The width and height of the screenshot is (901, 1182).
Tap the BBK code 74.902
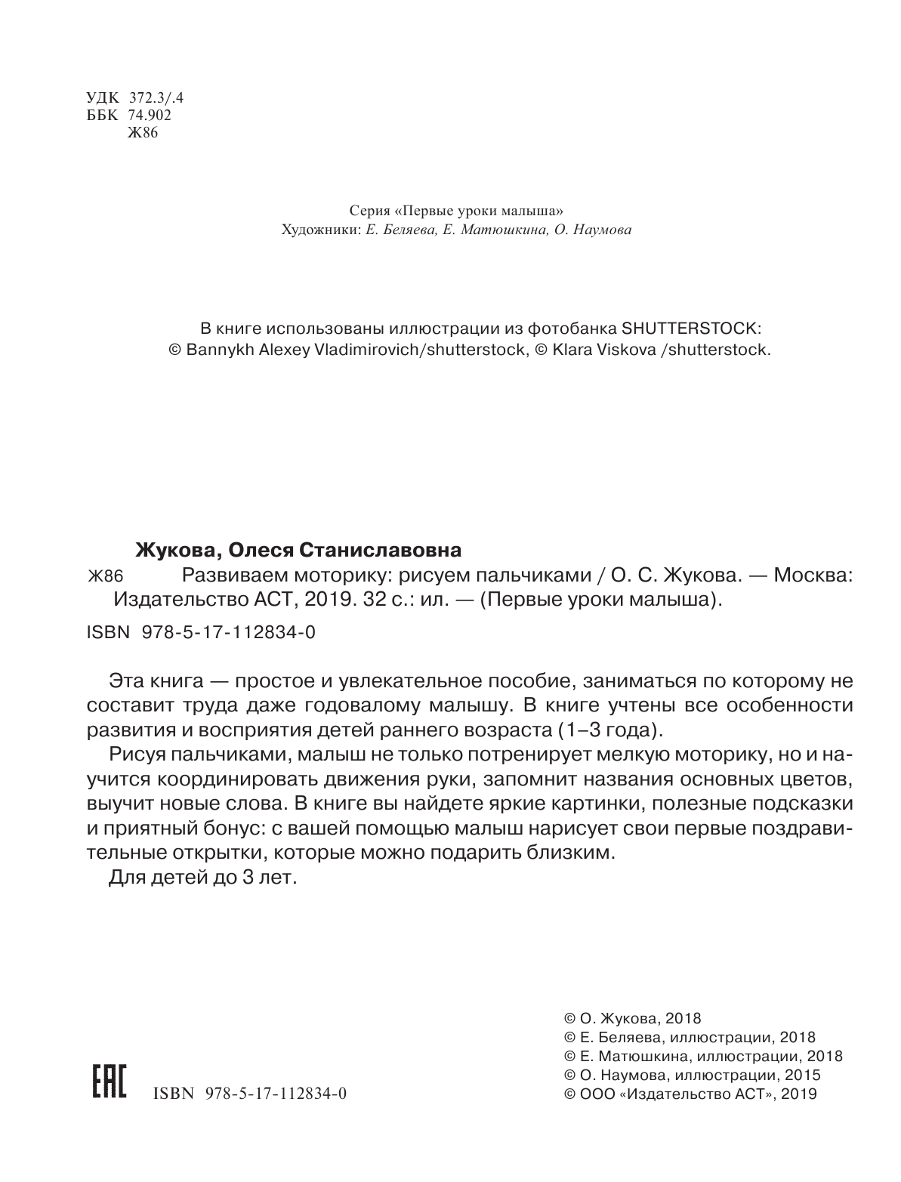click(x=151, y=116)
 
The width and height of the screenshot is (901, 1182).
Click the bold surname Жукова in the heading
click(x=172, y=548)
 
